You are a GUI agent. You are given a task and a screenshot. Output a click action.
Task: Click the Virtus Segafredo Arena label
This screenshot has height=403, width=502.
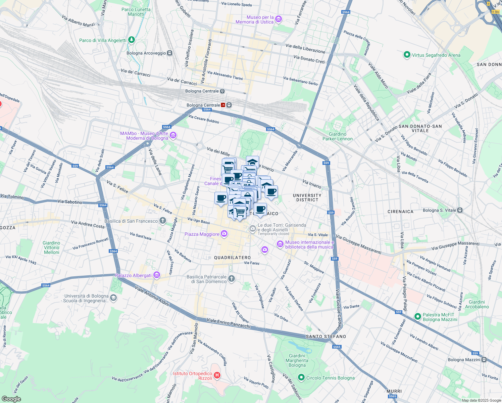click(436, 55)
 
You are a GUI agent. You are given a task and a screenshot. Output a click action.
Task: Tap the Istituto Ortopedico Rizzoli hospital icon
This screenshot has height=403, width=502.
click(217, 375)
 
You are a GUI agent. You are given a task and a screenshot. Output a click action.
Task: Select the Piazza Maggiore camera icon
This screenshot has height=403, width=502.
click(224, 234)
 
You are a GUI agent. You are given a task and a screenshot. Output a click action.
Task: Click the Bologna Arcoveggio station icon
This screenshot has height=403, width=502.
click(170, 53)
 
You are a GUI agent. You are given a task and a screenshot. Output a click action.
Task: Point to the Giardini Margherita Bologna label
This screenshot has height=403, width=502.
click(297, 360)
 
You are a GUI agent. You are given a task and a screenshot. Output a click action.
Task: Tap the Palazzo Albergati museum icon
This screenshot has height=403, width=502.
click(156, 275)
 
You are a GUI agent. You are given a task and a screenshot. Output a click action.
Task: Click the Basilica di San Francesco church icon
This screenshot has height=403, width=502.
click(162, 221)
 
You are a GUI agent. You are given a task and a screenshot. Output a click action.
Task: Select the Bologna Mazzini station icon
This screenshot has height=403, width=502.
click(484, 360)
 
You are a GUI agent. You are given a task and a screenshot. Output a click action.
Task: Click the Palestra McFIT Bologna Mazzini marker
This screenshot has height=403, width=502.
click(417, 317)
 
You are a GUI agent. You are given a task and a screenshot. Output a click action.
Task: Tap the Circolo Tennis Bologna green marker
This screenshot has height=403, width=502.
click(301, 378)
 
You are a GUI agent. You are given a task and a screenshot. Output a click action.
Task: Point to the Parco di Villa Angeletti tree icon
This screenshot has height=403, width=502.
click(132, 40)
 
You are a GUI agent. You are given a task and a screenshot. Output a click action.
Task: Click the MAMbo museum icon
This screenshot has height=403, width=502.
click(173, 135)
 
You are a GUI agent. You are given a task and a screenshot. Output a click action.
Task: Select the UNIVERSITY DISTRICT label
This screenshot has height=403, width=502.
click(307, 197)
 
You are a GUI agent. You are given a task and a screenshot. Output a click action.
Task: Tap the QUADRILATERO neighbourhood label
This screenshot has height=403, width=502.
click(233, 258)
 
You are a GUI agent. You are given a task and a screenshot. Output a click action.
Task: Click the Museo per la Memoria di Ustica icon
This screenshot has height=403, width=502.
click(278, 19)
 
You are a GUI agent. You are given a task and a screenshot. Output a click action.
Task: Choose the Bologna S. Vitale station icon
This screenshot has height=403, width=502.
click(460, 210)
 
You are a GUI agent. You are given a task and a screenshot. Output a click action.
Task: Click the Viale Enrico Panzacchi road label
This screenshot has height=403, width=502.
click(229, 323)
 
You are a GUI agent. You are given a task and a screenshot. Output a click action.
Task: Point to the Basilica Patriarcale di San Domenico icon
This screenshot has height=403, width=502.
click(231, 278)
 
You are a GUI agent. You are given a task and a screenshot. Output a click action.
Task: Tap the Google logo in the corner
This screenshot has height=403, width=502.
click(11, 399)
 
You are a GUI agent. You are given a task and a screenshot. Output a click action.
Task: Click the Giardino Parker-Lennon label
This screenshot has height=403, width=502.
click(337, 136)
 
